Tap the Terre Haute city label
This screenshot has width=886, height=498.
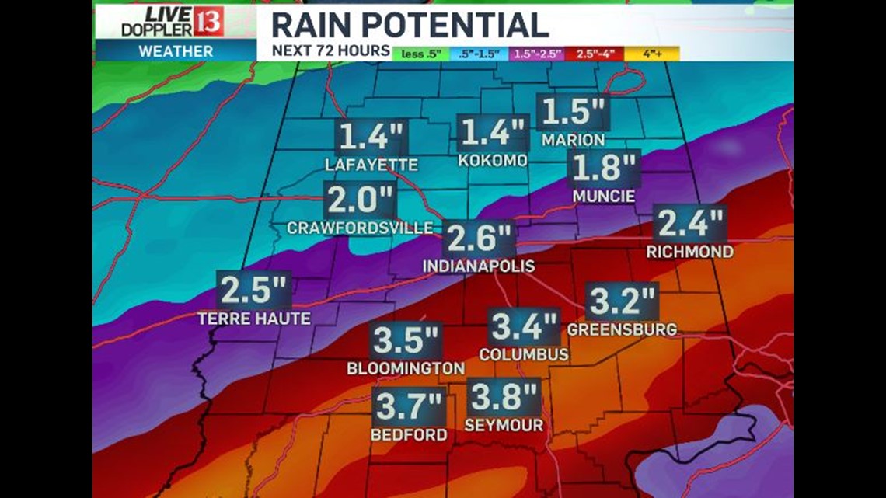tap(253, 319)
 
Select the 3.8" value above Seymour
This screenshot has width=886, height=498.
tap(504, 399)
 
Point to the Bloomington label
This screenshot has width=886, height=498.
tap(406, 368)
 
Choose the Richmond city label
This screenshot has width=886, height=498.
tap(689, 252)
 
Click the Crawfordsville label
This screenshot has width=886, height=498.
tap(360, 228)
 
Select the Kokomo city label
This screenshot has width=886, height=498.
tap(492, 160)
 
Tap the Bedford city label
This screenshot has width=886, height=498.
tap(409, 434)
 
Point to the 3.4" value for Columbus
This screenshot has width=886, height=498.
tap(525, 327)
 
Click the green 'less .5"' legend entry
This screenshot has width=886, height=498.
tap(420, 54)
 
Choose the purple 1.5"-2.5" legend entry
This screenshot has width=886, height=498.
tap(537, 54)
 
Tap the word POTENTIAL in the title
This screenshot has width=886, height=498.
tap(460, 25)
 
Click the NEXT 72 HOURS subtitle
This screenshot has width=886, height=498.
tap(330, 51)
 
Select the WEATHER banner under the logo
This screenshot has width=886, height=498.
tap(175, 51)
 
